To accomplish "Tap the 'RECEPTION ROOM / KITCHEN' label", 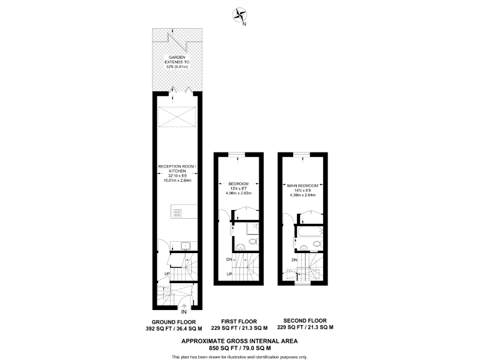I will [177, 169].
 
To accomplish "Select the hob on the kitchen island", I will [177, 212].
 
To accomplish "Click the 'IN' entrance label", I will [184, 311].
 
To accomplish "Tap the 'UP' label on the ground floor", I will [167, 274].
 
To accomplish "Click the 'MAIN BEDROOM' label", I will [303, 186].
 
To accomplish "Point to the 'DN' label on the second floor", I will [294, 259].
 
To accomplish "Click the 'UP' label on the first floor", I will [229, 274].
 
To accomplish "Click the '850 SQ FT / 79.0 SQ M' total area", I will [239, 348].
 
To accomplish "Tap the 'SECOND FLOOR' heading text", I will [304, 321].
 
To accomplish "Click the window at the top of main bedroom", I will [302, 154].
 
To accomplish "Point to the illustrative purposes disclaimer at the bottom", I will [239, 356].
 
